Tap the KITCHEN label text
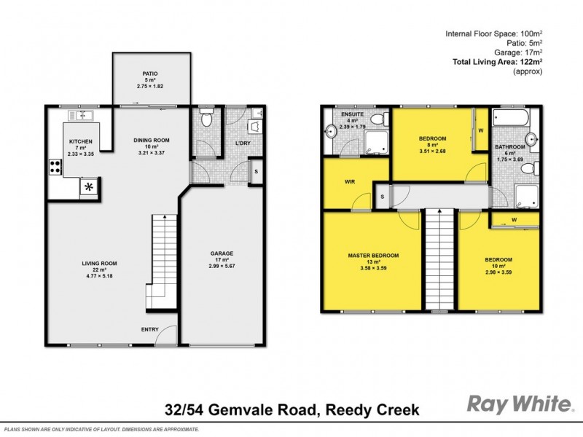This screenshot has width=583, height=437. click(80, 141)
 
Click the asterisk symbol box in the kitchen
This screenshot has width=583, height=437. click(90, 187)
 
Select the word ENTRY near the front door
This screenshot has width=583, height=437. click(149, 330)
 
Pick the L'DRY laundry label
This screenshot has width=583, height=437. click(243, 143)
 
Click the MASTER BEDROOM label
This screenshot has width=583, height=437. click(372, 256)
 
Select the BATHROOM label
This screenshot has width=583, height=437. click(509, 146)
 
